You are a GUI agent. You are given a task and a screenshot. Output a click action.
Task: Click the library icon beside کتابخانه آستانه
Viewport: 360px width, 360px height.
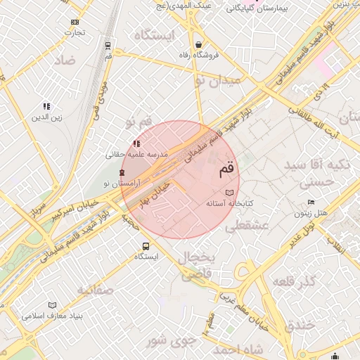[x=229, y=192]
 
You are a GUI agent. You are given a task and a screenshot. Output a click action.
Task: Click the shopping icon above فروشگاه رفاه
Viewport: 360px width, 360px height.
[x=199, y=44]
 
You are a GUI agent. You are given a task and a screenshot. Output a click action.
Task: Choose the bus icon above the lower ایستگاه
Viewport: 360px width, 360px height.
[x=146, y=246]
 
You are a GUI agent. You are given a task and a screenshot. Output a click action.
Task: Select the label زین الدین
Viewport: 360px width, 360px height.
[x=46, y=117]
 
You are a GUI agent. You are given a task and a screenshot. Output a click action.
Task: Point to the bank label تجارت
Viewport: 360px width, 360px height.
[x=75, y=32]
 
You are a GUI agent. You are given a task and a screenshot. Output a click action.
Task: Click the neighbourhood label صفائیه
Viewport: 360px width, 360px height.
[x=96, y=290]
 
